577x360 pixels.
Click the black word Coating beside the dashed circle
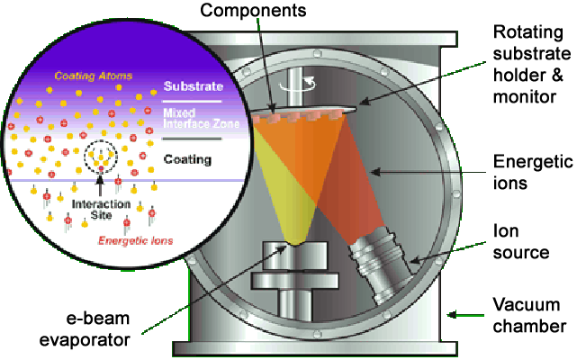point(188,159)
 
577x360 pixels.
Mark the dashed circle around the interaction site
point(100,159)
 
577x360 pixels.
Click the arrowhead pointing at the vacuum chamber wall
point(450,314)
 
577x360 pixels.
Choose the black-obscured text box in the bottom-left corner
point(77,329)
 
